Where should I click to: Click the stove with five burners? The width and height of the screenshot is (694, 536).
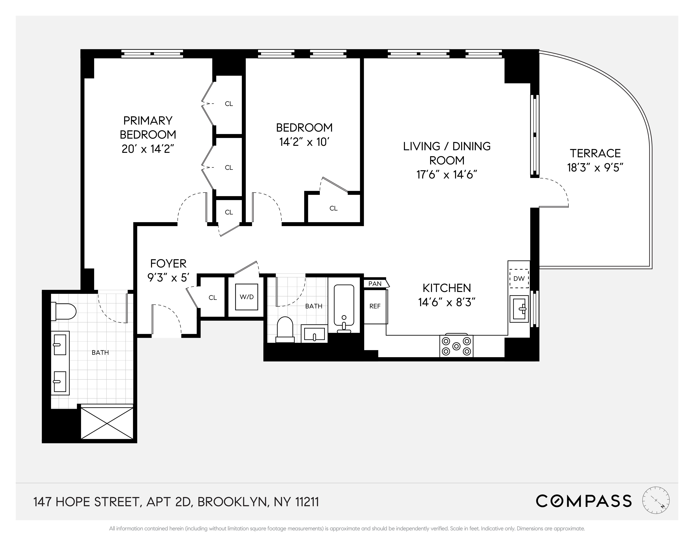[456, 346]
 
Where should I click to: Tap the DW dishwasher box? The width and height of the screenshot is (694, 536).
[519, 278]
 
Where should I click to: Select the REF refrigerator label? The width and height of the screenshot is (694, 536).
[375, 307]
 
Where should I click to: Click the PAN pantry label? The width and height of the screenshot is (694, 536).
[375, 284]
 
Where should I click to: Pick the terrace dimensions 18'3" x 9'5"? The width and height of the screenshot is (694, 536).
[595, 168]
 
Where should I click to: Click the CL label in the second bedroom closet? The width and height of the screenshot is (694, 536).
[333, 208]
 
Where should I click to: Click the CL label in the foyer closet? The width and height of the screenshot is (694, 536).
[213, 298]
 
